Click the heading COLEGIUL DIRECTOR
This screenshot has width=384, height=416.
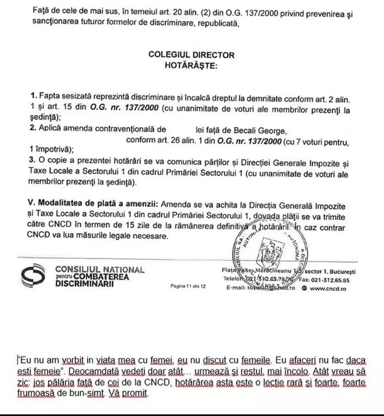pyautogui.click(x=191, y=55)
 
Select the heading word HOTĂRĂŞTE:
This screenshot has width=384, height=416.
pyautogui.click(x=192, y=65)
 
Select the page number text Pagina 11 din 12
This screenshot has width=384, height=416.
pyautogui.click(x=189, y=286)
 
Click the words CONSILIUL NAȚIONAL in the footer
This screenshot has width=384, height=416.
pyautogui.click(x=100, y=269)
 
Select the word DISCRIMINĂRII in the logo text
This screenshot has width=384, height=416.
pyautogui.click(x=85, y=284)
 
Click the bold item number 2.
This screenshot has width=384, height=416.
pyautogui.click(x=32, y=130)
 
